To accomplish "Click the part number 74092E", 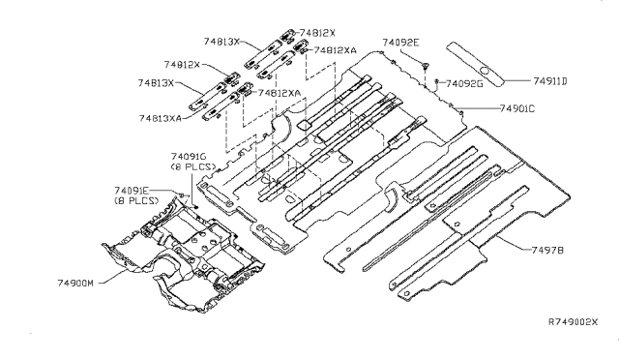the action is point(399,43).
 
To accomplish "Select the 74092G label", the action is point(464,84).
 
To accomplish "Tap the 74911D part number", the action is point(550,81).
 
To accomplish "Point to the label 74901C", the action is point(517,108).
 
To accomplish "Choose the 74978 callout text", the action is point(547,250).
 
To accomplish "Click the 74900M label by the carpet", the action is point(75,283).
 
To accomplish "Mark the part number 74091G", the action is point(189,157).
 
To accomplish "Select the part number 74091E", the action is point(133,191).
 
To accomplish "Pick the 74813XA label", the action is point(161,118).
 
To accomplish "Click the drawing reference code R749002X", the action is point(574,321).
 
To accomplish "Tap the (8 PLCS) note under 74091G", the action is point(193,166).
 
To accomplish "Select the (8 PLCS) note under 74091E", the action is point(136,200).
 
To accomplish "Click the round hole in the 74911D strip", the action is point(485,72).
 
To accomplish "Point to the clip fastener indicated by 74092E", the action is point(426,66).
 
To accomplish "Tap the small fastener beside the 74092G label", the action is point(437,82).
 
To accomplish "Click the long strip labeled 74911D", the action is point(475,64).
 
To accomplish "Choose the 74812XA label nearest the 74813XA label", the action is point(280,93).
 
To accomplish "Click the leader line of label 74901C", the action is point(477,107).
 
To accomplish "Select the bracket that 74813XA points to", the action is point(221,105).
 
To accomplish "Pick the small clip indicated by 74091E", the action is point(181,195).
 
